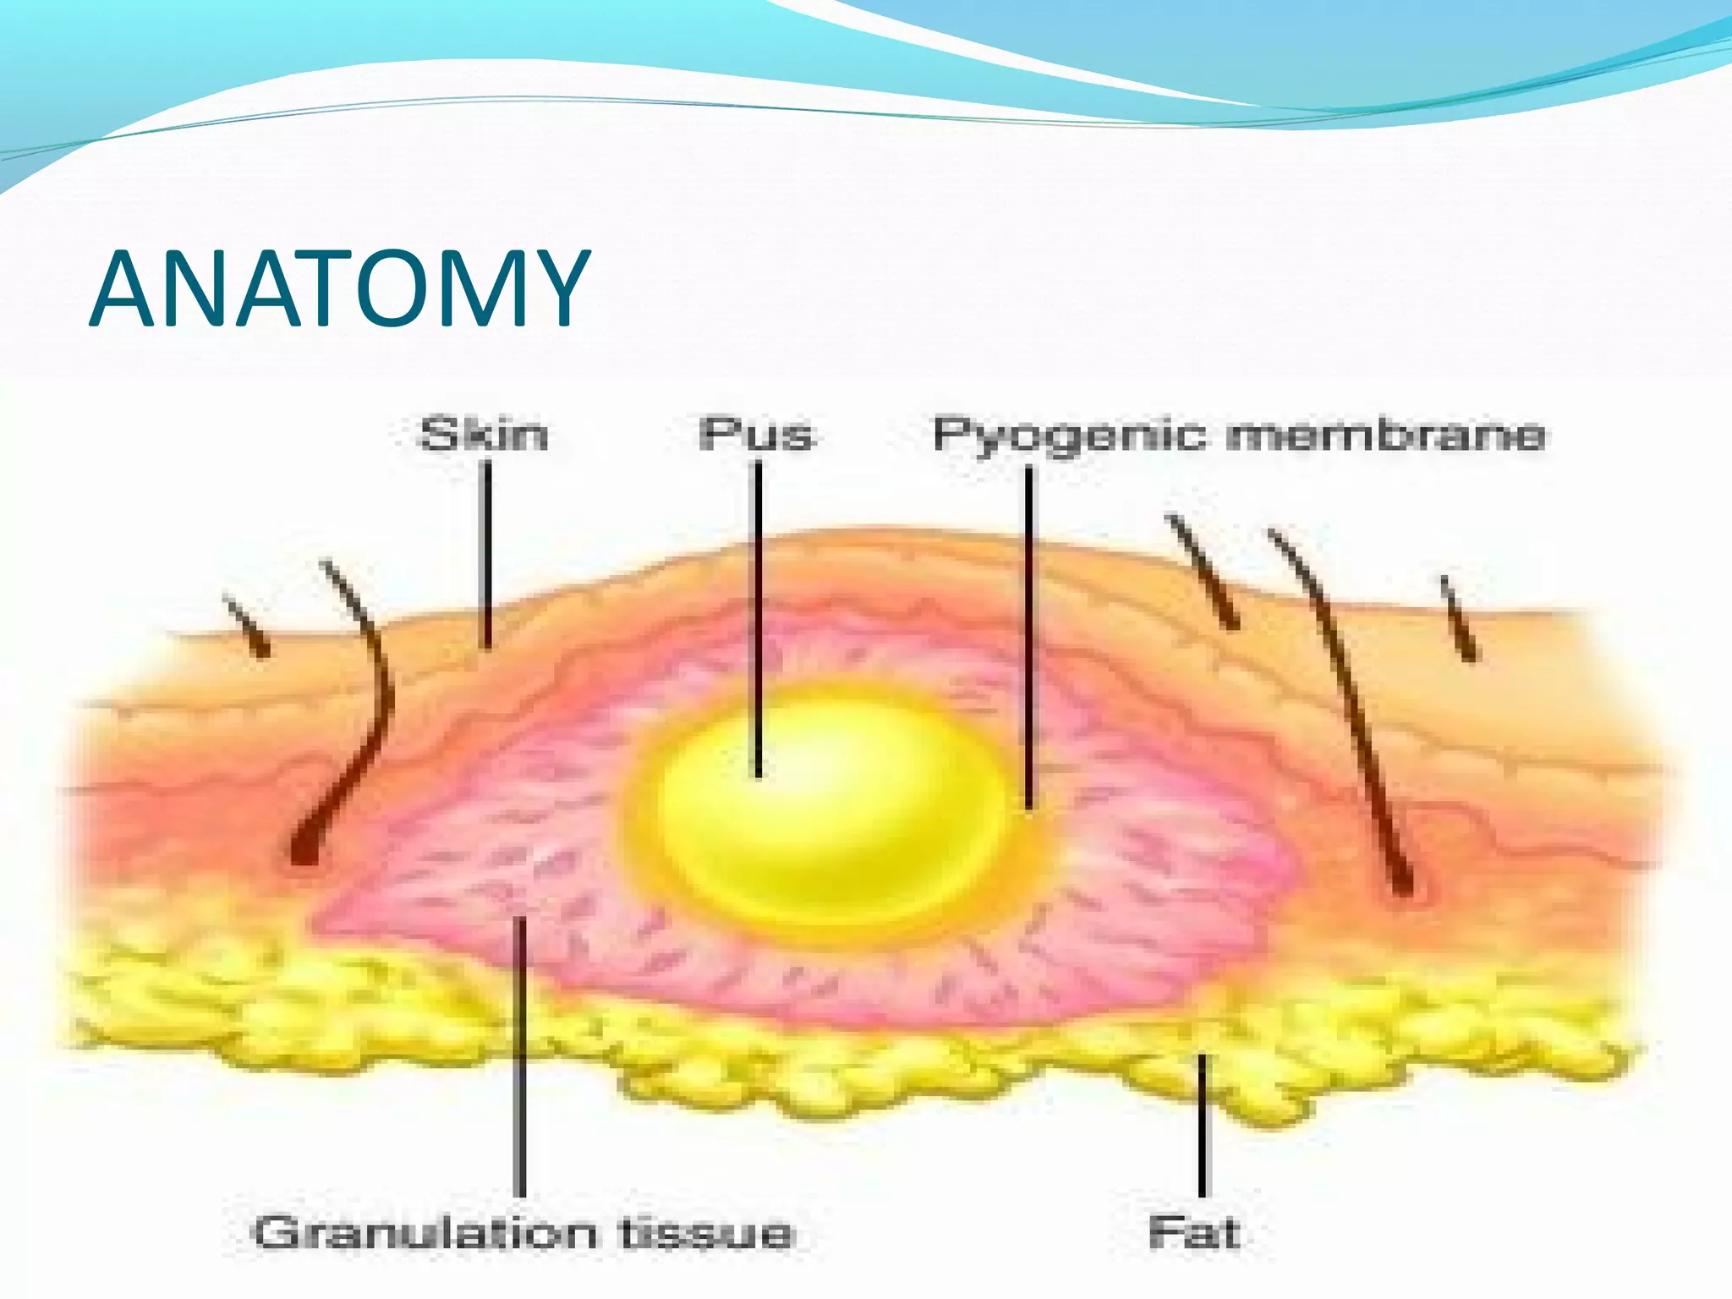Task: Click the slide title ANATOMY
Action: [x=338, y=289]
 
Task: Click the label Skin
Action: [x=484, y=435]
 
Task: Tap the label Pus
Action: [x=755, y=435]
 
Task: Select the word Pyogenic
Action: [x=1069, y=436]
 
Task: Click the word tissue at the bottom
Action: [x=707, y=1233]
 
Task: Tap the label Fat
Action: [x=1194, y=1233]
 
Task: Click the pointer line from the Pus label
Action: [x=758, y=617]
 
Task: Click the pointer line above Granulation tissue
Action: [x=520, y=1057]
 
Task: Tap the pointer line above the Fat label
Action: [x=1202, y=1125]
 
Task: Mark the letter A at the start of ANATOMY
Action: [x=127, y=289]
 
